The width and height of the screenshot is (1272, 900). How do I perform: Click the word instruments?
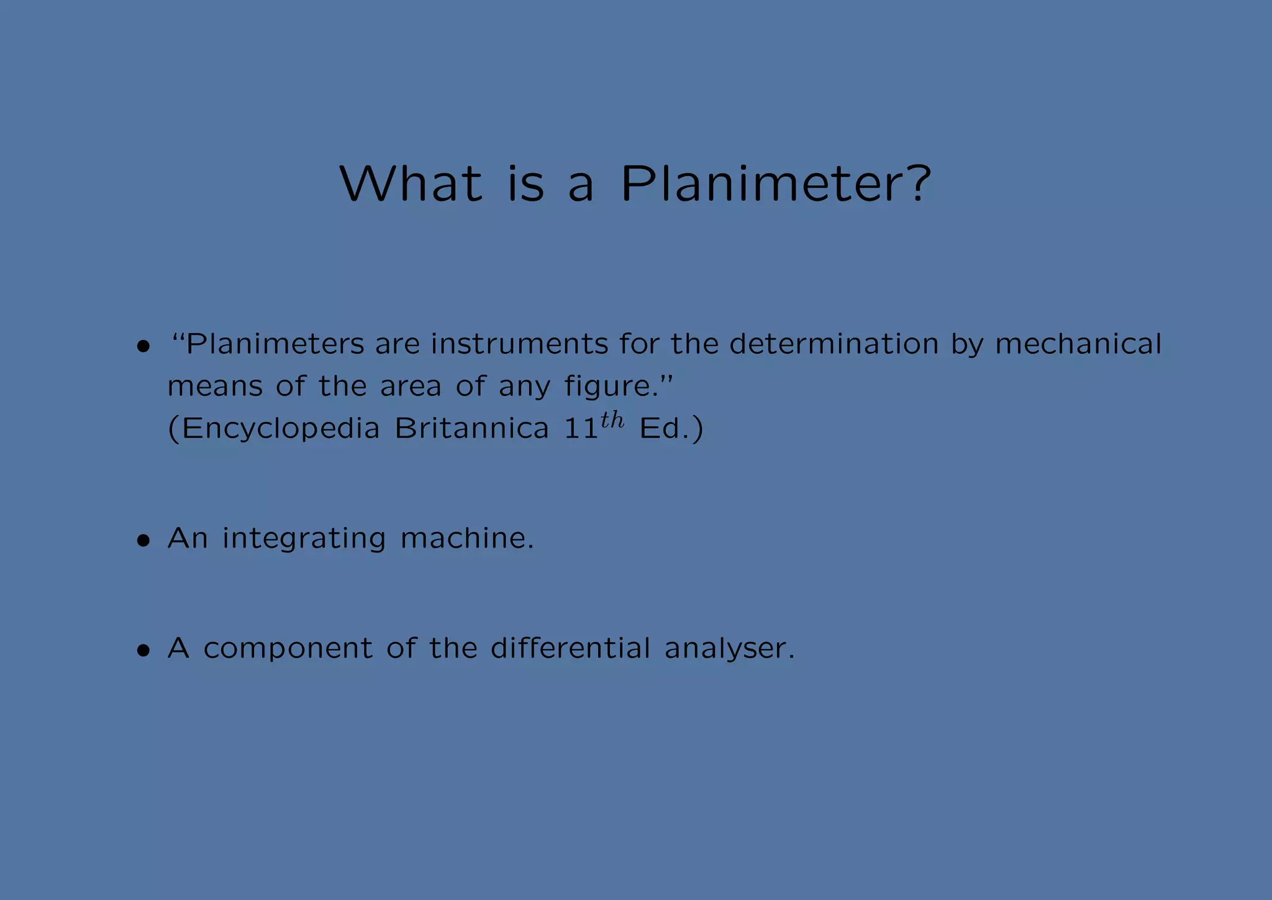[x=519, y=344]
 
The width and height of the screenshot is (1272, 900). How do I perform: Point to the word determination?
[x=834, y=344]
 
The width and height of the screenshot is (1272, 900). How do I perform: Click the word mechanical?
[x=1078, y=344]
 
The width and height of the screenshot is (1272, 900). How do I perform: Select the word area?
[x=411, y=387]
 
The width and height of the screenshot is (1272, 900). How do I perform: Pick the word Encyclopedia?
[x=281, y=429]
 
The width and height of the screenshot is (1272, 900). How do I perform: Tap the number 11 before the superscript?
[x=581, y=429]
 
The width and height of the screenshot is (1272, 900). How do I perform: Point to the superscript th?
[x=612, y=421]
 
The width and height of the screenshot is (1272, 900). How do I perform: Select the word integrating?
[x=304, y=539]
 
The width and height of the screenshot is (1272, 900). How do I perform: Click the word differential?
[x=570, y=648]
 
